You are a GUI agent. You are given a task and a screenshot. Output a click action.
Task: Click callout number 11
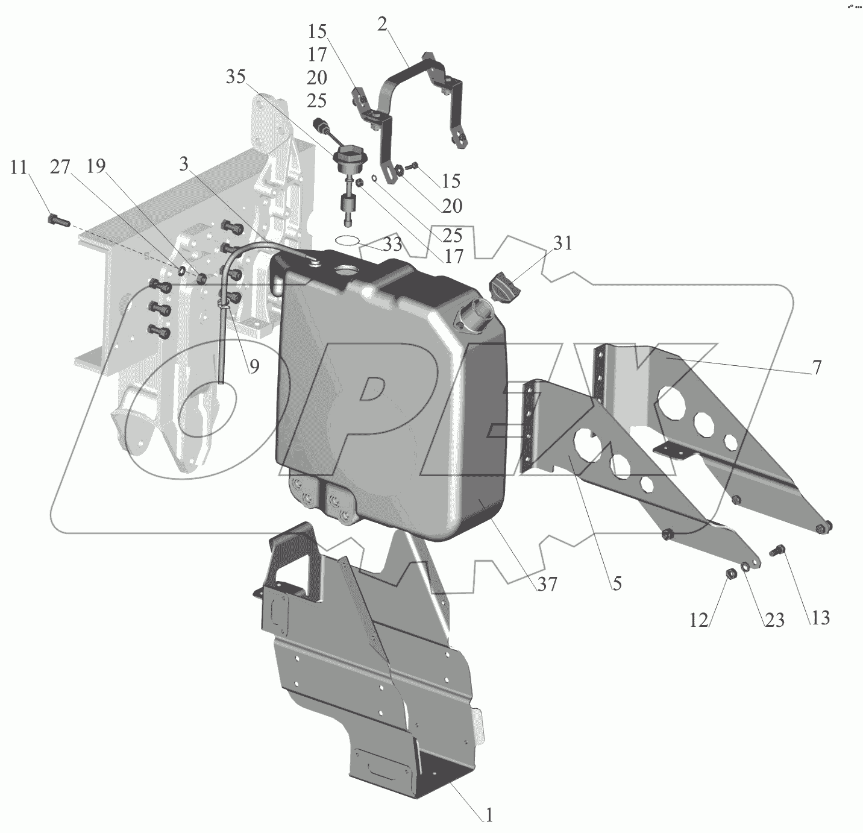[19, 167]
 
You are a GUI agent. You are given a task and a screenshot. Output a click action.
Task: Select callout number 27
[60, 167]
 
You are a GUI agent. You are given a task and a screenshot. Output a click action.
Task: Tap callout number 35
[236, 77]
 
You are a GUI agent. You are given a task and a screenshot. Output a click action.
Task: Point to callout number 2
[383, 24]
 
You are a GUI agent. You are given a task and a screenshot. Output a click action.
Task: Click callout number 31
[563, 244]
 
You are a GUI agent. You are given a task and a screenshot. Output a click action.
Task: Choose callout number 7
[817, 367]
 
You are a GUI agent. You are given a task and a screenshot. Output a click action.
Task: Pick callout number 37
[547, 583]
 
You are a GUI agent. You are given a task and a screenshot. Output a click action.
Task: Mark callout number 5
[616, 583]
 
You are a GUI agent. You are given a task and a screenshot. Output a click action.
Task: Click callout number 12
[698, 620]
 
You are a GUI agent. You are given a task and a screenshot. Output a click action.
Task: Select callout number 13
[820, 617]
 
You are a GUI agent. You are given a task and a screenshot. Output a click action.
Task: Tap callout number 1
[489, 815]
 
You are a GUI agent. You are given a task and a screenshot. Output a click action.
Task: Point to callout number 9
[254, 366]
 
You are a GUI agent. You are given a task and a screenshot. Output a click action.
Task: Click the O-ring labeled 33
[348, 240]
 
